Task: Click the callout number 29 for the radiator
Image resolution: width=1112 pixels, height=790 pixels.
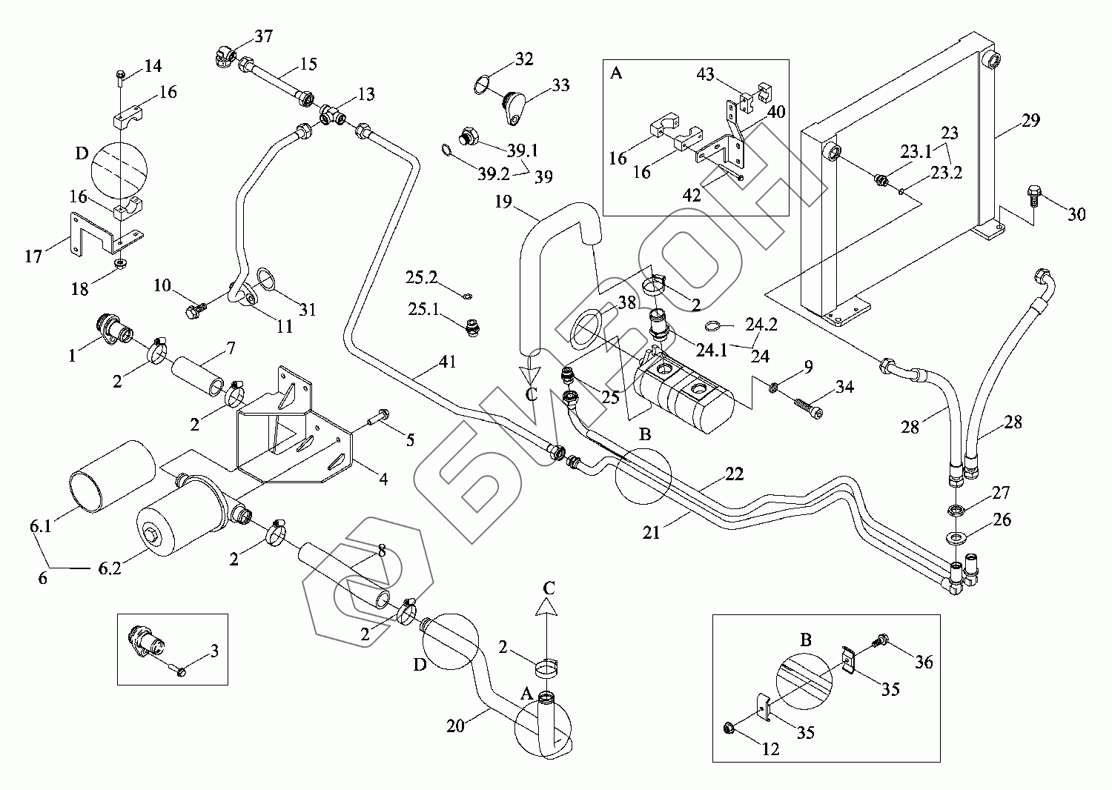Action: click(1031, 120)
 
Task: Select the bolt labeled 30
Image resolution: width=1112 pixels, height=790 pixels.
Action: click(1035, 194)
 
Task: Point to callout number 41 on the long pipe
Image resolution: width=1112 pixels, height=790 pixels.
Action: click(446, 362)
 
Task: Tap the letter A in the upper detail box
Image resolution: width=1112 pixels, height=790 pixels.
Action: click(616, 73)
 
